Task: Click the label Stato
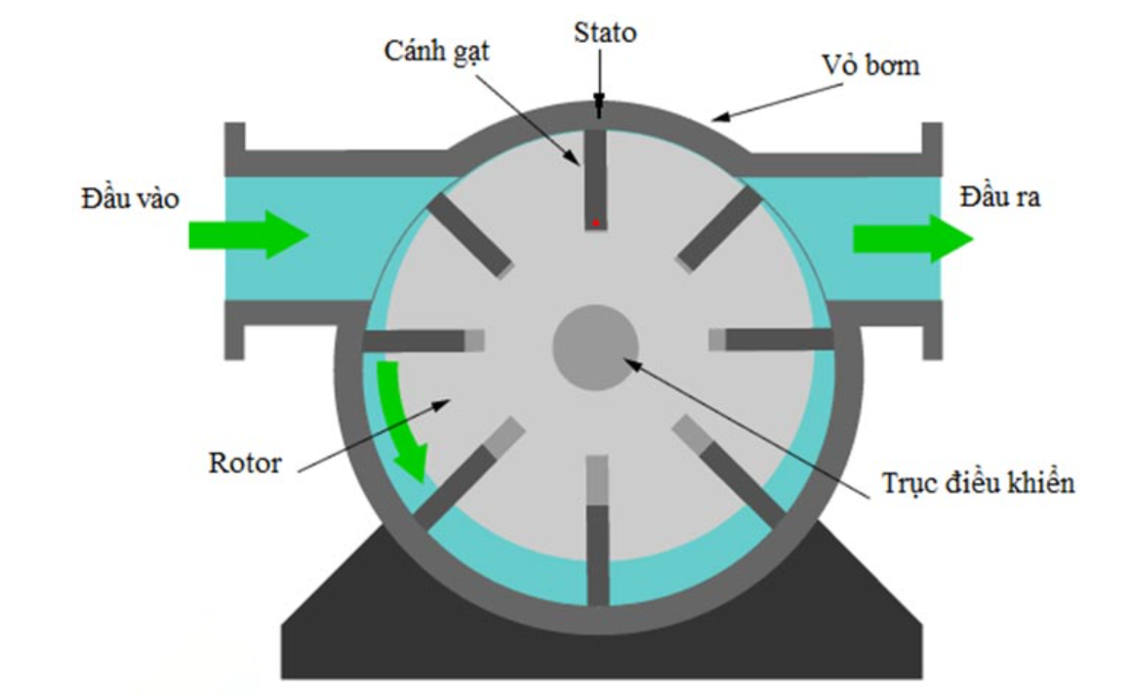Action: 604,33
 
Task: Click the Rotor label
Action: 245,462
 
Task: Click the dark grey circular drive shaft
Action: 595,347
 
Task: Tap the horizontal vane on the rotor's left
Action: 415,341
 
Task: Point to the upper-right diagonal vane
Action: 720,228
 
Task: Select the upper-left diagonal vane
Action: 470,233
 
